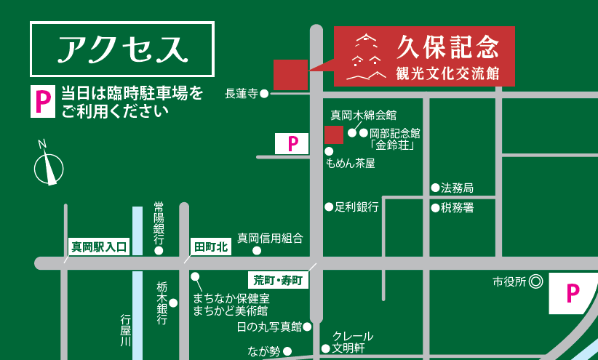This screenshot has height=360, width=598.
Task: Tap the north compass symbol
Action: tap(49, 164)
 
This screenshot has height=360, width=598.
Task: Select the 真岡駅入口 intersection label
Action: tap(99, 248)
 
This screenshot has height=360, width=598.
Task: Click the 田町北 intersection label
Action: tap(210, 248)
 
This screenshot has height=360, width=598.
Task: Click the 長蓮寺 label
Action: tap(242, 93)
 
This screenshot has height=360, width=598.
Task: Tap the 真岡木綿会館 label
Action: tap(363, 115)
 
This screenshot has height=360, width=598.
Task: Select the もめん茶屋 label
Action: tap(351, 164)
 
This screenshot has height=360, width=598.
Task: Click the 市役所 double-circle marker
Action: tap(535, 281)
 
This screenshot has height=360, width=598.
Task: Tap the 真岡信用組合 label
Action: tap(270, 238)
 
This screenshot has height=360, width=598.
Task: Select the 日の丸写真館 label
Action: tap(269, 327)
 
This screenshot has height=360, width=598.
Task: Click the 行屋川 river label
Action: tap(124, 332)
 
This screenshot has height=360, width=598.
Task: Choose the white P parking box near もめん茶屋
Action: tap(293, 143)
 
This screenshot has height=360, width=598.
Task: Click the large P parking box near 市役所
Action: tap(573, 293)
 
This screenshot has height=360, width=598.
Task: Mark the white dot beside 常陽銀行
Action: tap(159, 252)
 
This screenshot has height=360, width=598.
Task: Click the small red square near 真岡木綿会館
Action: tap(333, 135)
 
